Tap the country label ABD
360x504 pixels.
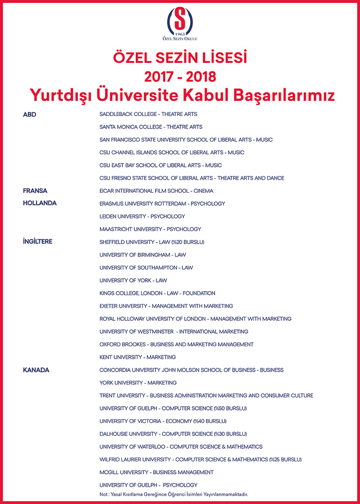[30, 114]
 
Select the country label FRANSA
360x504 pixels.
[35, 191]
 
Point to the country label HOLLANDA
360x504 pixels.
[40, 203]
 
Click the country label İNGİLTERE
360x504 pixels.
[37, 242]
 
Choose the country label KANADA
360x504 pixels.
[36, 370]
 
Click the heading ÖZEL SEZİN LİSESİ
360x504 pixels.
[180, 59]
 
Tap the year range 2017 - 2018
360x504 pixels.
[180, 76]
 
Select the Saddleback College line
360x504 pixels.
[148, 114]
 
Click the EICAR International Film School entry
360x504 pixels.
[156, 191]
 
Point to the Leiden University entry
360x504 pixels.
[142, 216]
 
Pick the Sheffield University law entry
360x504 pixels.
[152, 242]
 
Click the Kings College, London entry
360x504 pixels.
[157, 293]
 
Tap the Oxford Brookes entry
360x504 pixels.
[177, 344]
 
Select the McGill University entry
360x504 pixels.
[156, 472]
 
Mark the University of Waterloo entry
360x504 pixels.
[181, 446]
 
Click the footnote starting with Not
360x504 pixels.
[174, 494]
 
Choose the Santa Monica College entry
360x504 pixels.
[151, 127]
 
